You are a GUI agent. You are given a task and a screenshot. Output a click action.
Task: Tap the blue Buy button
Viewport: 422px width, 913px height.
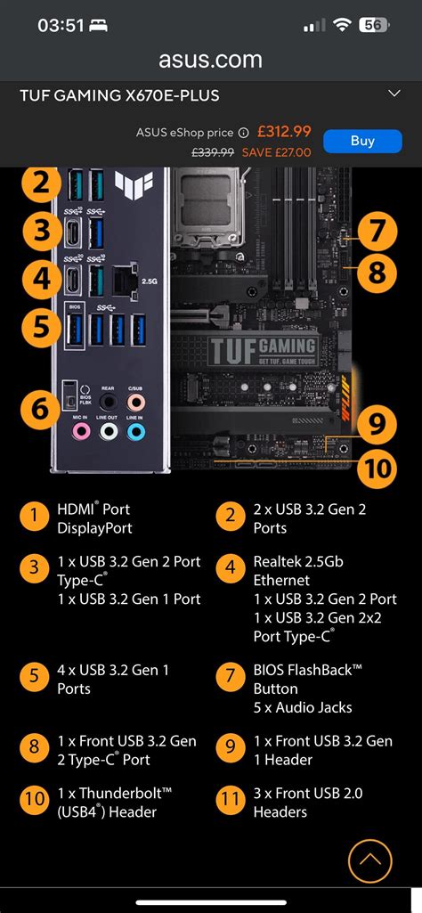click(x=362, y=141)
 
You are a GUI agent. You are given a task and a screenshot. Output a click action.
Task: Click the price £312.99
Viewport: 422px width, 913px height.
click(x=283, y=132)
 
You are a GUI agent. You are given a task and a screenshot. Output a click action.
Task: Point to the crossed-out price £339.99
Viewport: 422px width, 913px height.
click(x=213, y=152)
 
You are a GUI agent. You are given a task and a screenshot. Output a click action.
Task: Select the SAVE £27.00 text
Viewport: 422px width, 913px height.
click(x=277, y=152)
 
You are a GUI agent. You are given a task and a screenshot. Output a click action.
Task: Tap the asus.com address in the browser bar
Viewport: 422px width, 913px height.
click(x=210, y=60)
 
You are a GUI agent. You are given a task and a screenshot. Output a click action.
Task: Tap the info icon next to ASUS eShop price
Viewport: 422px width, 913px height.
click(x=243, y=133)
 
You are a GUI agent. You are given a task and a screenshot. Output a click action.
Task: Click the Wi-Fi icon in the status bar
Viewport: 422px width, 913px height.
click(x=342, y=26)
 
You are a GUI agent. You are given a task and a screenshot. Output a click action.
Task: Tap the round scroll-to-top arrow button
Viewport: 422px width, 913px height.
click(x=369, y=861)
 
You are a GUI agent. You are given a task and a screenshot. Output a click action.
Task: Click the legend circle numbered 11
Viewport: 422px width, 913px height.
click(x=231, y=799)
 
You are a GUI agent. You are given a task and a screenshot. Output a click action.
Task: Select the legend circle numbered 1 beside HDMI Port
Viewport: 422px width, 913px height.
click(x=35, y=515)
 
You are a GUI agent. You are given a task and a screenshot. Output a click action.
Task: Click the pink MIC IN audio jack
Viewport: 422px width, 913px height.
click(x=81, y=431)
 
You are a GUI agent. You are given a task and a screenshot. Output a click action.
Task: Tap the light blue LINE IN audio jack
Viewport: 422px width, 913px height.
click(x=135, y=431)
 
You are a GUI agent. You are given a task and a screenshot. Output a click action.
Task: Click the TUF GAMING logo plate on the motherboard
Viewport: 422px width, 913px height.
click(x=263, y=350)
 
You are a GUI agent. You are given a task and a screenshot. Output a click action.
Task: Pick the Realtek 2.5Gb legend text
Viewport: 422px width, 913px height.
click(x=298, y=562)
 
